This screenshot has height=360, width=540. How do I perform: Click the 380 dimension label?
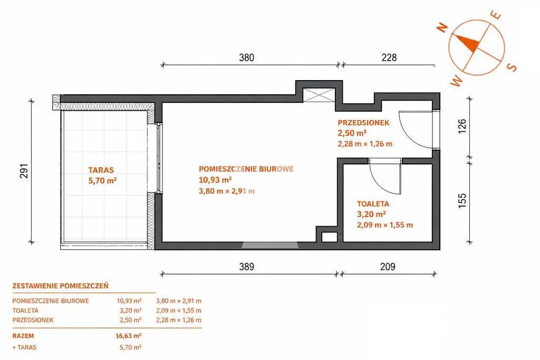tap(247, 57)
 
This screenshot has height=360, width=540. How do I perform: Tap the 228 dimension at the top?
tap(389, 57)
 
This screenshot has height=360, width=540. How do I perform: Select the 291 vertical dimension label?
tap(24, 170)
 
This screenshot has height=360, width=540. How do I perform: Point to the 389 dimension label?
tap(247, 266)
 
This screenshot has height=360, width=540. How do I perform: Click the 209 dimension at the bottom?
tap(388, 266)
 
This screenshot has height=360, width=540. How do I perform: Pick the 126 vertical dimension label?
tap(462, 126)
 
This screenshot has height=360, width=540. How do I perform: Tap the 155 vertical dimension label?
tap(462, 200)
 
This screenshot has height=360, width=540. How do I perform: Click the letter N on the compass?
tap(442, 27)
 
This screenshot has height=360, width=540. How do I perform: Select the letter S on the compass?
tap(512, 67)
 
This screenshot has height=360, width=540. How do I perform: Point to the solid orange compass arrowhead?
tap(467, 43)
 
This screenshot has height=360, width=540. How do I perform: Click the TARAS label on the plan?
tap(101, 170)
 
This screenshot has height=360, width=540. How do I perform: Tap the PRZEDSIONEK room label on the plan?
tap(363, 122)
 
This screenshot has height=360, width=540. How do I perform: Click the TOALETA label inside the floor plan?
tap(373, 204)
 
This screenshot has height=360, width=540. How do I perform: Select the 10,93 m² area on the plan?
tap(215, 180)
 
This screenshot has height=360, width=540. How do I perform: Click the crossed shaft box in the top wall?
tap(319, 95)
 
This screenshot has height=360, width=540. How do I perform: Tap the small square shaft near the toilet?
tap(329, 237)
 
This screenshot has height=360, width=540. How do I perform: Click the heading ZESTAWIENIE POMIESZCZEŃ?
tap(60, 286)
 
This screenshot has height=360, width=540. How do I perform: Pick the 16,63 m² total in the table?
tap(129, 336)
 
